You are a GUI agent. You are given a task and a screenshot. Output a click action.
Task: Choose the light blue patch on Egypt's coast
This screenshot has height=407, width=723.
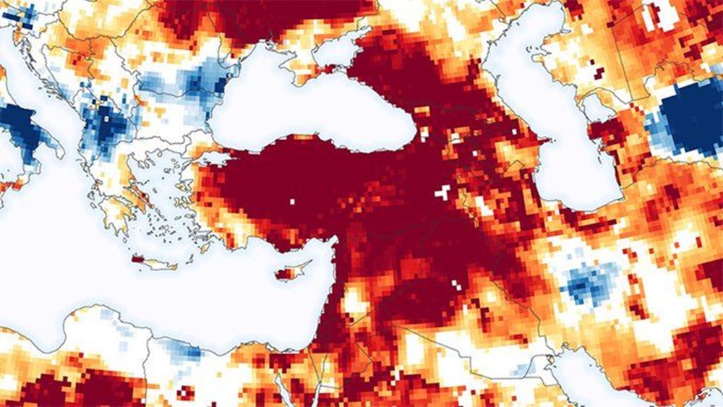[x=184, y=351]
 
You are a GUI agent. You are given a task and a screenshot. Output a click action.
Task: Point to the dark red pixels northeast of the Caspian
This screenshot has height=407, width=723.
[x=599, y=72]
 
